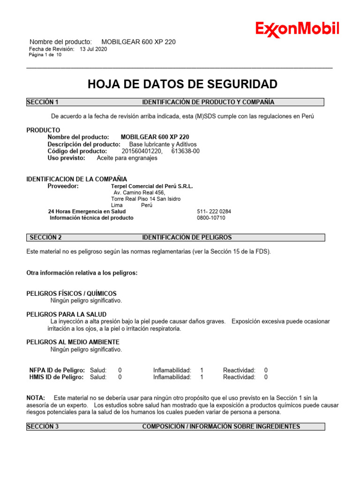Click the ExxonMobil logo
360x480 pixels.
click(x=297, y=29)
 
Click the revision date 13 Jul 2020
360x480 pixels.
click(x=93, y=49)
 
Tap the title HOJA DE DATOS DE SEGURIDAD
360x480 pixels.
click(x=182, y=84)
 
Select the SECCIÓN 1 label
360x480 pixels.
click(x=42, y=102)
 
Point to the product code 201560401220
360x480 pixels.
click(x=142, y=151)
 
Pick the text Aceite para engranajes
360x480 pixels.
click(x=127, y=158)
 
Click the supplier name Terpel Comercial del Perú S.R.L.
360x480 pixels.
click(x=152, y=186)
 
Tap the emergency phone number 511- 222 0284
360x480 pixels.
click(x=214, y=211)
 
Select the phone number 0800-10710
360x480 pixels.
click(x=211, y=218)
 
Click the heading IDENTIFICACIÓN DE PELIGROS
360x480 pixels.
click(x=187, y=238)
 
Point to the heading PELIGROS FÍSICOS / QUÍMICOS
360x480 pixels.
click(x=71, y=293)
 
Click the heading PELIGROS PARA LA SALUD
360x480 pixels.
click(x=66, y=314)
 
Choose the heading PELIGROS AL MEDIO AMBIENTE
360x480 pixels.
click(x=73, y=342)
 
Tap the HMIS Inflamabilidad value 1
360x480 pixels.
click(x=202, y=377)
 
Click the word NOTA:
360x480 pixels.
click(x=36, y=397)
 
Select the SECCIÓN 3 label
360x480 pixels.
click(x=42, y=427)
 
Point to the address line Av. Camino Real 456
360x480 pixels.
click(x=139, y=193)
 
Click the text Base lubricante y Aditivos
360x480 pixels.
click(x=163, y=144)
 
